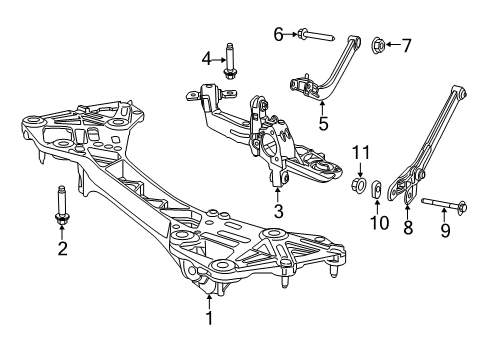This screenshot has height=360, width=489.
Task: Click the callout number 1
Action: click(x=208, y=319)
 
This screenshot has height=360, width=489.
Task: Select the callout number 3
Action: click(x=279, y=210)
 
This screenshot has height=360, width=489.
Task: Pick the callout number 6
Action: click(x=278, y=35)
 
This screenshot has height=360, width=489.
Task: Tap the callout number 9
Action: click(x=445, y=231)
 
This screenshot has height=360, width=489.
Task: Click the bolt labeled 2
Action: click(x=62, y=207)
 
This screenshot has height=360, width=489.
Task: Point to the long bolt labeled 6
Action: click(x=316, y=37)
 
